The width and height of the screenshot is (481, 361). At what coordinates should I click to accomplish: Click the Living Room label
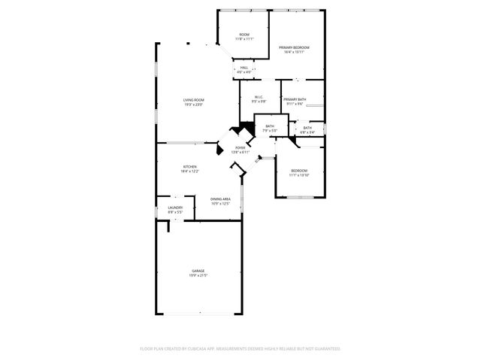click(194, 100)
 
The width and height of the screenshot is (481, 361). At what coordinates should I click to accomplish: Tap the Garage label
click(198, 271)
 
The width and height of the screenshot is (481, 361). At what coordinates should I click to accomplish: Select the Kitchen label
click(190, 166)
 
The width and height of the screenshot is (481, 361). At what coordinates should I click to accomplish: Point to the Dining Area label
click(220, 199)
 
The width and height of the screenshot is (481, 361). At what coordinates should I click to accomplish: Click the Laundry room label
click(175, 208)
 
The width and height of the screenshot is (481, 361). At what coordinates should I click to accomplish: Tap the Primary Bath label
click(294, 100)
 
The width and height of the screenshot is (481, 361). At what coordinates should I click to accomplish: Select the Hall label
click(244, 68)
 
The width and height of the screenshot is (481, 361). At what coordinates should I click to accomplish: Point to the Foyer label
click(240, 147)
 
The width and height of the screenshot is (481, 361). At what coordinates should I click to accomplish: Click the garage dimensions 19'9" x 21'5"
click(198, 276)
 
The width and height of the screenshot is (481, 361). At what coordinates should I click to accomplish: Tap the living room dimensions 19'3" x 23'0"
click(194, 105)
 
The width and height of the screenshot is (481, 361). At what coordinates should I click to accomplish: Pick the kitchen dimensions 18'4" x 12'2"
click(190, 171)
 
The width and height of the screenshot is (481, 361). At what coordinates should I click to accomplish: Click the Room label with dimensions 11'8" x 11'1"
click(244, 35)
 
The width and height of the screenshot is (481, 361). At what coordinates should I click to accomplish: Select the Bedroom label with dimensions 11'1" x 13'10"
click(299, 170)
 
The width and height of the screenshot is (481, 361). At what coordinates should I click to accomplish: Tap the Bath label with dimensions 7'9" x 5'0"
click(269, 126)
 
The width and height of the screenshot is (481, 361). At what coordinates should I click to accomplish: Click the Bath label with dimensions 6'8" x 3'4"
click(307, 128)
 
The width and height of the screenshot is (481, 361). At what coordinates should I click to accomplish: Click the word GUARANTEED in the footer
click(325, 349)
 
